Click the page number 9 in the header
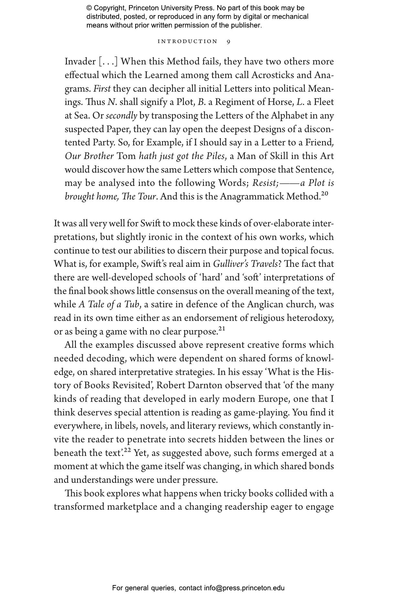click(x=229, y=41)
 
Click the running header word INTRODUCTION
click(x=187, y=41)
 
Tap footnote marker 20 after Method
click(x=325, y=194)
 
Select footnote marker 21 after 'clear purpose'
click(x=221, y=329)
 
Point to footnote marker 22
click(x=127, y=450)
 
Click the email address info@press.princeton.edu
click(x=244, y=588)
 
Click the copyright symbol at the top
click(x=89, y=8)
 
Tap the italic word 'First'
click(x=102, y=89)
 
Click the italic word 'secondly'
click(x=122, y=116)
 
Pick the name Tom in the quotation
click(x=126, y=156)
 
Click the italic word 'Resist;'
click(x=265, y=183)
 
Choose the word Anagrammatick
click(x=252, y=197)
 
